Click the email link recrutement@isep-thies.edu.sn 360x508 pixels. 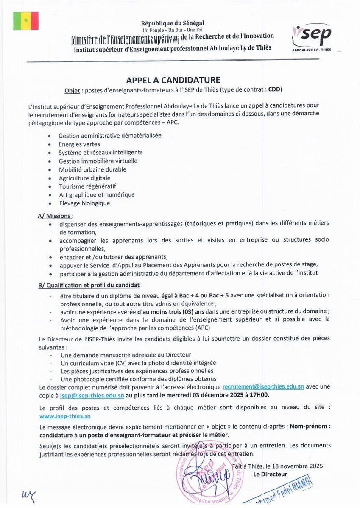tap(263, 387)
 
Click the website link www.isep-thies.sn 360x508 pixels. tap(65, 416)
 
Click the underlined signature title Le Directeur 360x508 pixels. tap(270, 474)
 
